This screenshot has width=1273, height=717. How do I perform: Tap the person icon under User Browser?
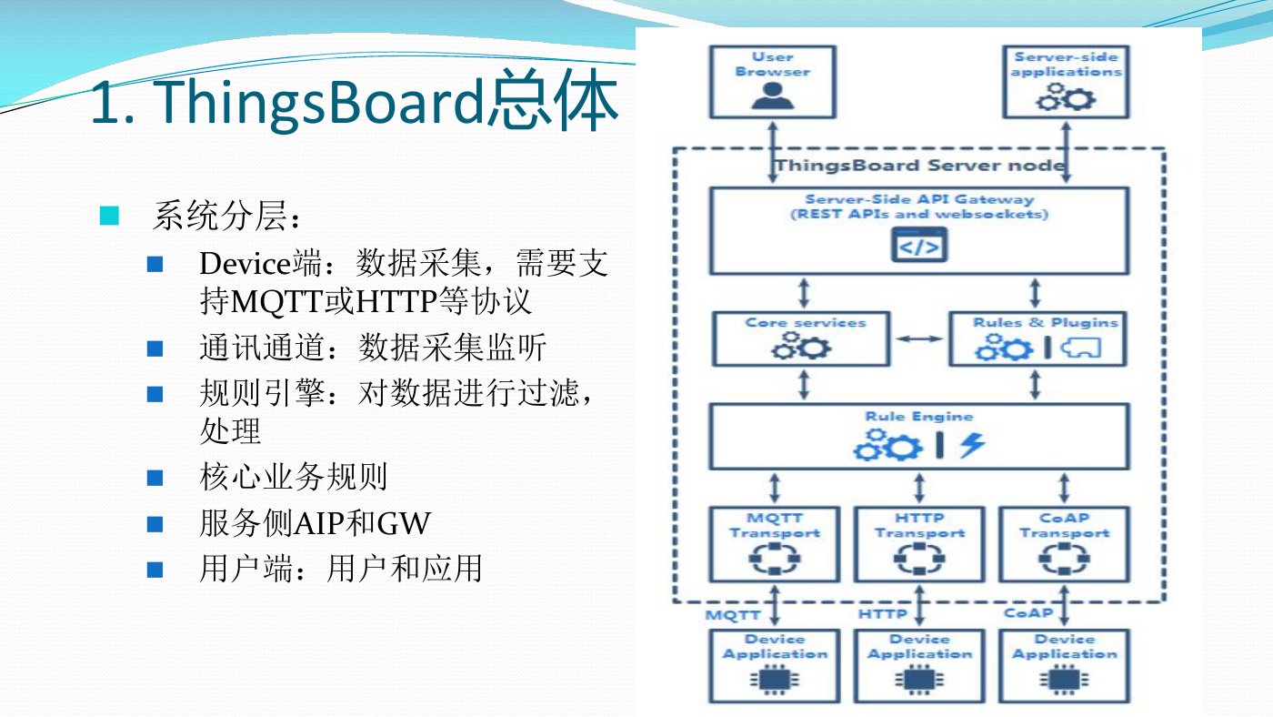tap(772, 96)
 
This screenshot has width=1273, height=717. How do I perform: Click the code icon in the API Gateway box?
tap(919, 245)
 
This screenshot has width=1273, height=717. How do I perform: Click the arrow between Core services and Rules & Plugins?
tap(919, 338)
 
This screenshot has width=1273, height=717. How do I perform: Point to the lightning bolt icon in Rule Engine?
tap(972, 445)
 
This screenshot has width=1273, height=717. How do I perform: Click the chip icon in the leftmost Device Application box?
tap(774, 680)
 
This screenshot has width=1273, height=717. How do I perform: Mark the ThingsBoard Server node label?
tap(920, 166)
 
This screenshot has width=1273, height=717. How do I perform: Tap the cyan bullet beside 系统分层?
tap(109, 216)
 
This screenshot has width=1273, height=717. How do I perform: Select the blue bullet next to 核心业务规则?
tap(155, 478)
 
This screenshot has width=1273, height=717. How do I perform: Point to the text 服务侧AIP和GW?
tap(315, 523)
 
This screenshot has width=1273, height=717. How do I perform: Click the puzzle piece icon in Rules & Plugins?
tap(1080, 348)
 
